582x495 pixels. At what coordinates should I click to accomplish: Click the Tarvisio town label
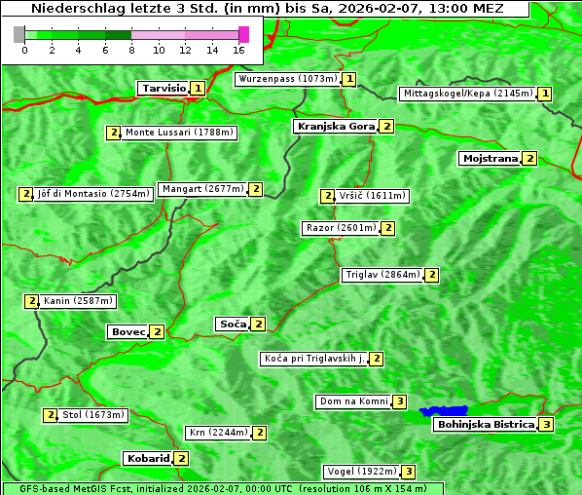163,88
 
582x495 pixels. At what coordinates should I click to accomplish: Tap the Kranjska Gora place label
335,127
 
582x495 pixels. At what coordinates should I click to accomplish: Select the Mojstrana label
490,158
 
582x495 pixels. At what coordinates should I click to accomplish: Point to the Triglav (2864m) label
382,275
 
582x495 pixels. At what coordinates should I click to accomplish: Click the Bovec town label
127,332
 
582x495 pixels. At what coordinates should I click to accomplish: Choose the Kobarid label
147,458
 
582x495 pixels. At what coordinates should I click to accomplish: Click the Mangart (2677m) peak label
202,189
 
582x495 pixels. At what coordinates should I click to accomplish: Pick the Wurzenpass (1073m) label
287,79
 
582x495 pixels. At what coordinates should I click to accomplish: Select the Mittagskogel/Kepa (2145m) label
467,94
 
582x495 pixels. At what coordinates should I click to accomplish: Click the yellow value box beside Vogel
409,472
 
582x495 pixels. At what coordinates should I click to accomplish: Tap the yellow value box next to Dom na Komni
399,401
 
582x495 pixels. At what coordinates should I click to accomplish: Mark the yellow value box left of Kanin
32,301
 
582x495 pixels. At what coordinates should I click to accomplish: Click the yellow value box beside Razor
387,228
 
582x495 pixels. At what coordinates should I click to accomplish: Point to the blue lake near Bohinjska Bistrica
444,411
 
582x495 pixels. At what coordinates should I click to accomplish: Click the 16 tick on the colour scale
239,50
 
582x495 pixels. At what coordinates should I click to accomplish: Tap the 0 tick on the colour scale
23,50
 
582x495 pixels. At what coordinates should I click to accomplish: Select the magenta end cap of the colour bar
243,34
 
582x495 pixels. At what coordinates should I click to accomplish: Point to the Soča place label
232,324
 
